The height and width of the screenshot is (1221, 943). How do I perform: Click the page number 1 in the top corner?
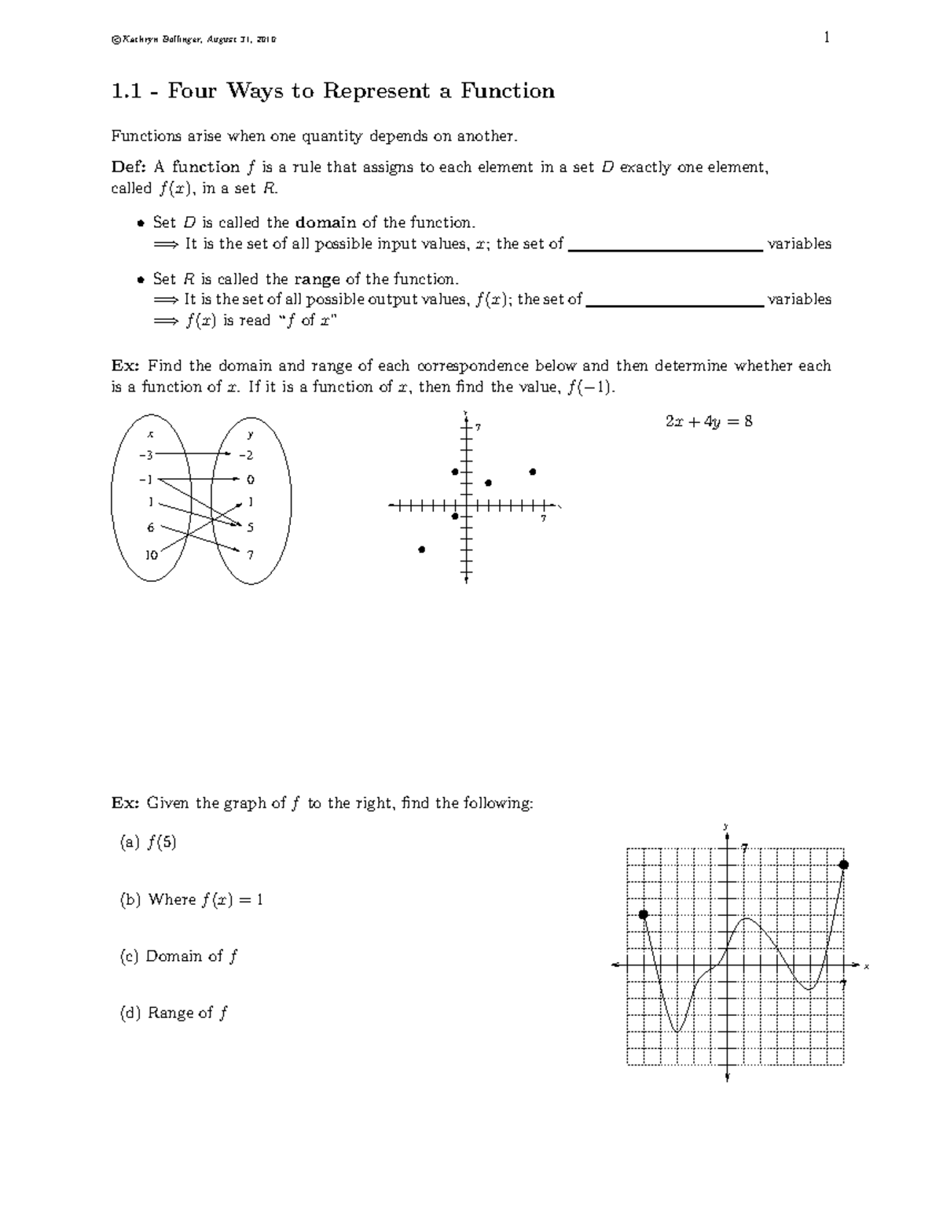click(x=827, y=38)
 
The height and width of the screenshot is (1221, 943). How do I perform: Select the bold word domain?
click(x=325, y=223)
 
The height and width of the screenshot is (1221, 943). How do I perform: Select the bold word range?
click(x=317, y=279)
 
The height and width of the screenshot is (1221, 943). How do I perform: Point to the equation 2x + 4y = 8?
click(x=709, y=421)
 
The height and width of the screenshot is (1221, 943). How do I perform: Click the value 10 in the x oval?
click(x=151, y=554)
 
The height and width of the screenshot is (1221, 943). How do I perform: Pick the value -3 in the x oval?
click(x=146, y=454)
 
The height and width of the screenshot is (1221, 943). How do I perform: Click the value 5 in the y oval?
click(x=250, y=528)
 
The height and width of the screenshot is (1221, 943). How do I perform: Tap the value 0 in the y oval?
click(x=250, y=480)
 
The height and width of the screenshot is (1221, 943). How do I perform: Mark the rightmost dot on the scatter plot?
click(x=533, y=472)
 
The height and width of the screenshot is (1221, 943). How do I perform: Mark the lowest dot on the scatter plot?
click(x=422, y=550)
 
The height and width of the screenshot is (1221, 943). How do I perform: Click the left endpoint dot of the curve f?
click(x=644, y=914)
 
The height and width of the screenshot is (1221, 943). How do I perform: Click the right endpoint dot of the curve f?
click(x=844, y=865)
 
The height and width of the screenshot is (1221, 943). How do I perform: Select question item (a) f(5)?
click(x=148, y=843)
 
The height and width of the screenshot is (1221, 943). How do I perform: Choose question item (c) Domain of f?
click(x=178, y=956)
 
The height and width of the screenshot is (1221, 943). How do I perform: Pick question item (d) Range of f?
click(x=174, y=1013)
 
